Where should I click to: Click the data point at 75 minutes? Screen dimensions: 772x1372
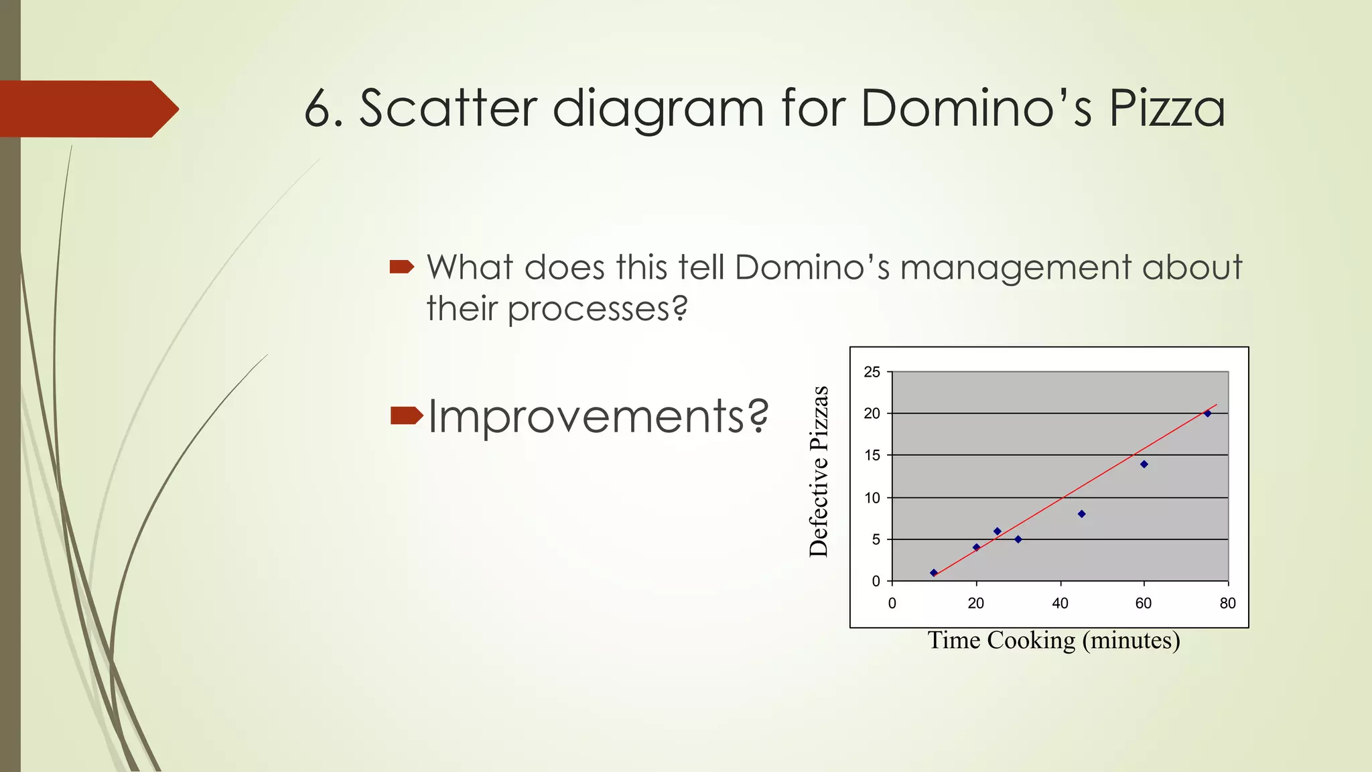pos(1207,413)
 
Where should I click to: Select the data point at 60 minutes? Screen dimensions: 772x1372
pos(1144,464)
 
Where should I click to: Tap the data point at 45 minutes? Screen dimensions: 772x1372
pos(1081,514)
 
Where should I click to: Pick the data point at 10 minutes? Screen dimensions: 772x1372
pos(934,573)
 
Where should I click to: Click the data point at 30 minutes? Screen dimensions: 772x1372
pos(1018,539)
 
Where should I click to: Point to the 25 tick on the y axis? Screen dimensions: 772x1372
pos(872,372)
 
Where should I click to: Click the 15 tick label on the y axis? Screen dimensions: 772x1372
pos(872,456)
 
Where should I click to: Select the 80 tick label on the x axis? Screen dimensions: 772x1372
pos(1227,603)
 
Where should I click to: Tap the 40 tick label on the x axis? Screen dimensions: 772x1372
pos(1060,603)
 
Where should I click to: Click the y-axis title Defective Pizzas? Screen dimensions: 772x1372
pos(819,472)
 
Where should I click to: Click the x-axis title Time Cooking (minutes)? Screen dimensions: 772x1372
pos(1053,641)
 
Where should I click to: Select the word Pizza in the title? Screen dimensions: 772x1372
pos(1166,108)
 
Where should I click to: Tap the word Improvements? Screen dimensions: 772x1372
pos(598,416)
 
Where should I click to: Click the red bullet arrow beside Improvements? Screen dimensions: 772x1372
pos(406,415)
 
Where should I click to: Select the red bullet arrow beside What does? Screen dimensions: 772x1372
pos(401,267)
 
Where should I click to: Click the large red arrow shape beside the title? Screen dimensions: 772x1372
pos(87,109)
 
